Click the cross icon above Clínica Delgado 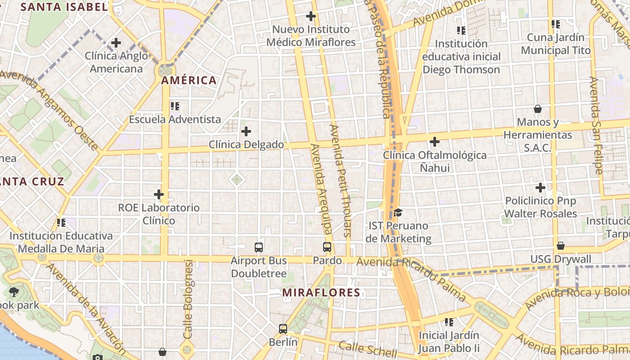click(246, 131)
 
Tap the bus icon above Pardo click(327, 247)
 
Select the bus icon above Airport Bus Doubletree click(259, 247)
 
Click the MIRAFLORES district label click(321, 292)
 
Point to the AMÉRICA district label click(189, 81)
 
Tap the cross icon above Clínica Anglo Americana click(116, 43)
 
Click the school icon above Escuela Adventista click(175, 106)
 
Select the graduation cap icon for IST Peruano click(398, 212)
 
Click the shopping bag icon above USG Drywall click(560, 246)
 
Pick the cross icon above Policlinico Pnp click(540, 188)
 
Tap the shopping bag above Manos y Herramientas click(537, 109)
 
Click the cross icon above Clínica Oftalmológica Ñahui click(434, 142)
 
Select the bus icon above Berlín click(283, 329)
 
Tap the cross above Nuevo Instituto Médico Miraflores click(310, 16)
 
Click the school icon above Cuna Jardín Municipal click(555, 24)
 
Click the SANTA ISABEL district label click(64, 7)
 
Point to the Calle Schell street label click(368, 349)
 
